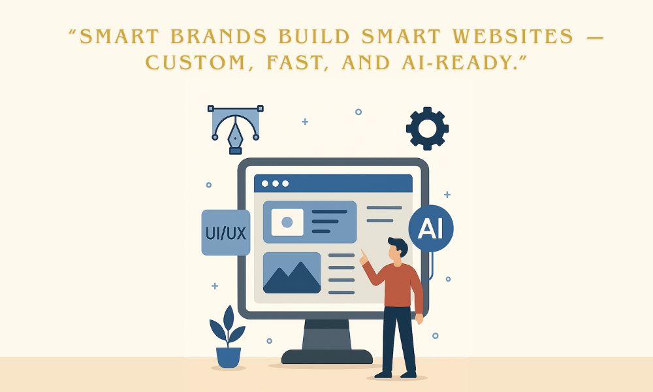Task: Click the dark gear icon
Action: (x=427, y=129)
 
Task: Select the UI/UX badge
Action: (x=225, y=232)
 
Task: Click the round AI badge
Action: (x=430, y=229)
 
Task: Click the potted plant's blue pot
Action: (x=228, y=357)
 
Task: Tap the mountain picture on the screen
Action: (x=291, y=272)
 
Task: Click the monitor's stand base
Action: (x=326, y=357)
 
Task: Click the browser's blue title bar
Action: (x=333, y=184)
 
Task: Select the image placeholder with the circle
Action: (x=287, y=222)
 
